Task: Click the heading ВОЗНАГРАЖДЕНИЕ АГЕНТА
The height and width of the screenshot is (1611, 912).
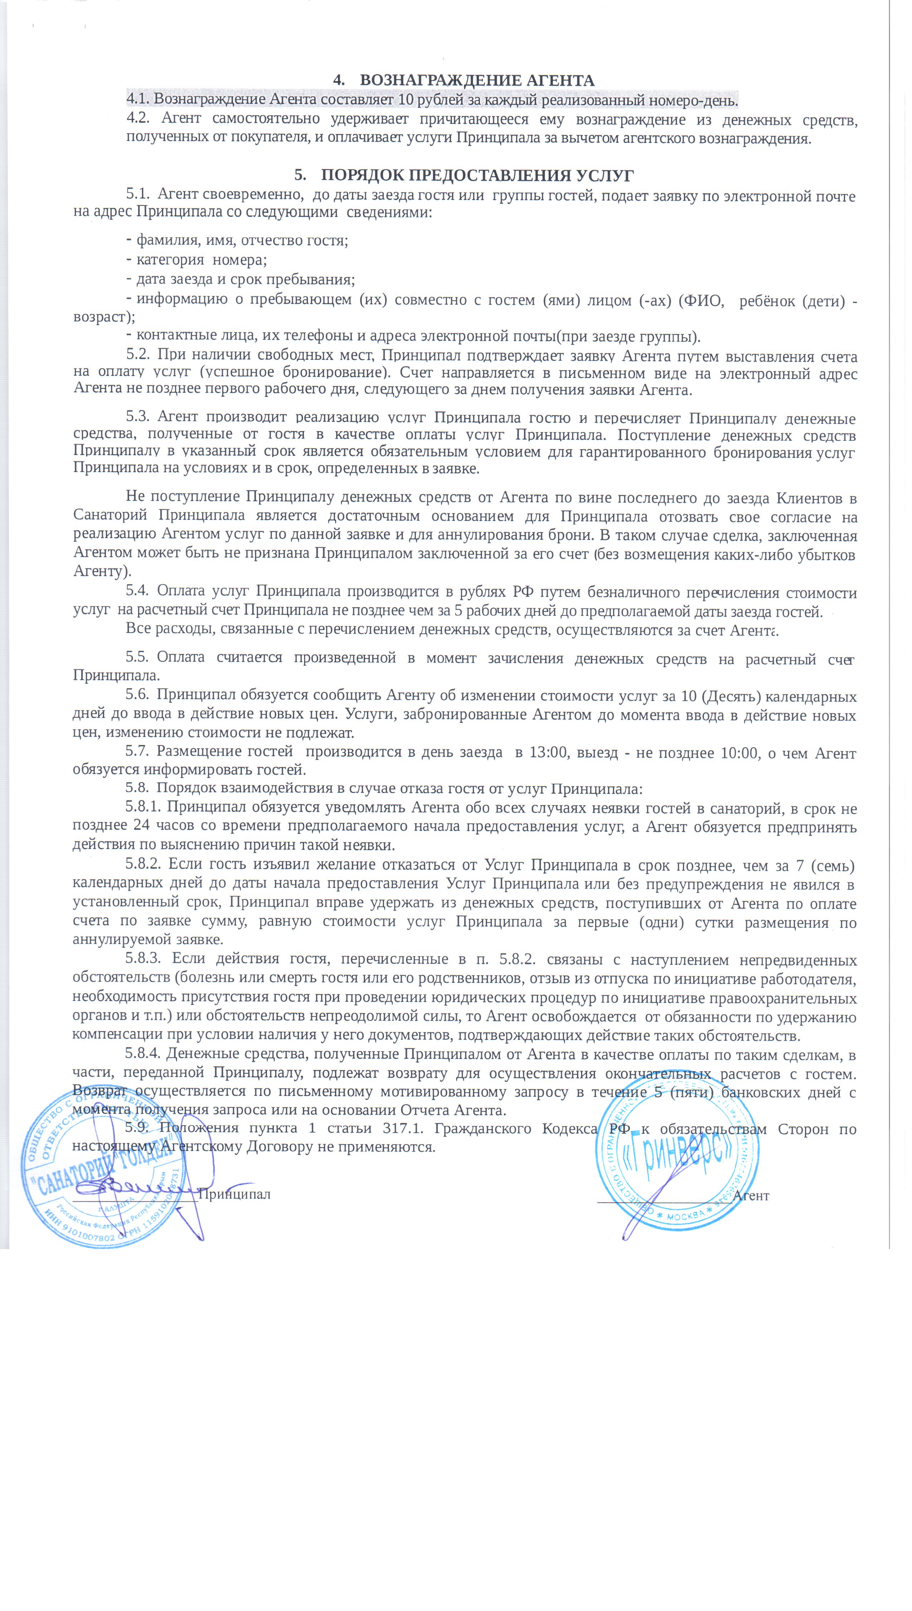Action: pyautogui.click(x=477, y=80)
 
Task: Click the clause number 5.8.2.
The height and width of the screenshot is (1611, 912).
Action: pyautogui.click(x=145, y=865)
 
